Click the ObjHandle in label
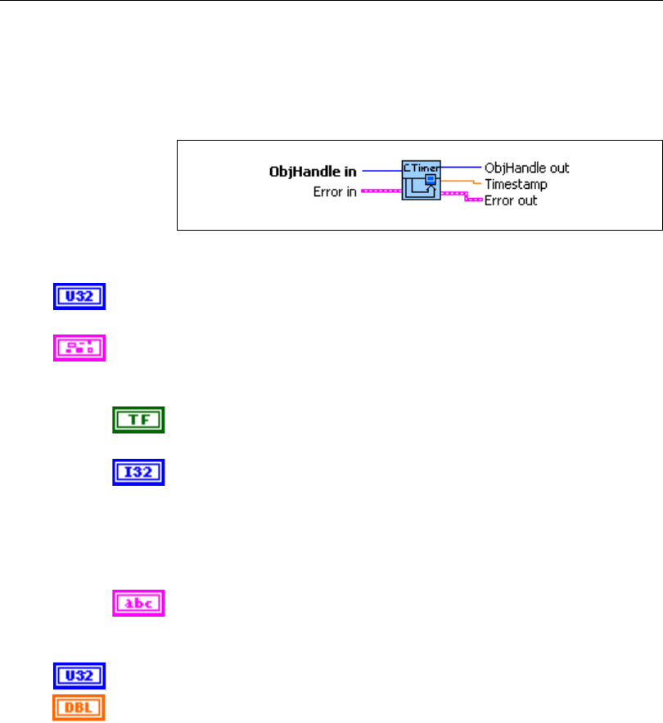tap(313, 172)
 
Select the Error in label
tap(335, 193)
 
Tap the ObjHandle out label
tap(526, 168)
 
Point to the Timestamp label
tap(516, 184)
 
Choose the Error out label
tap(511, 200)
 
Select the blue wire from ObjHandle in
tap(381, 171)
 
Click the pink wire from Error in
tap(381, 192)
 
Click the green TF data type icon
tap(138, 420)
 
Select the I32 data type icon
tap(138, 472)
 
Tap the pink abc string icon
tap(138, 604)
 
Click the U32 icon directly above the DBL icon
tap(79, 676)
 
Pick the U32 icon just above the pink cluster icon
tap(79, 297)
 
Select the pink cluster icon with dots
tap(79, 348)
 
